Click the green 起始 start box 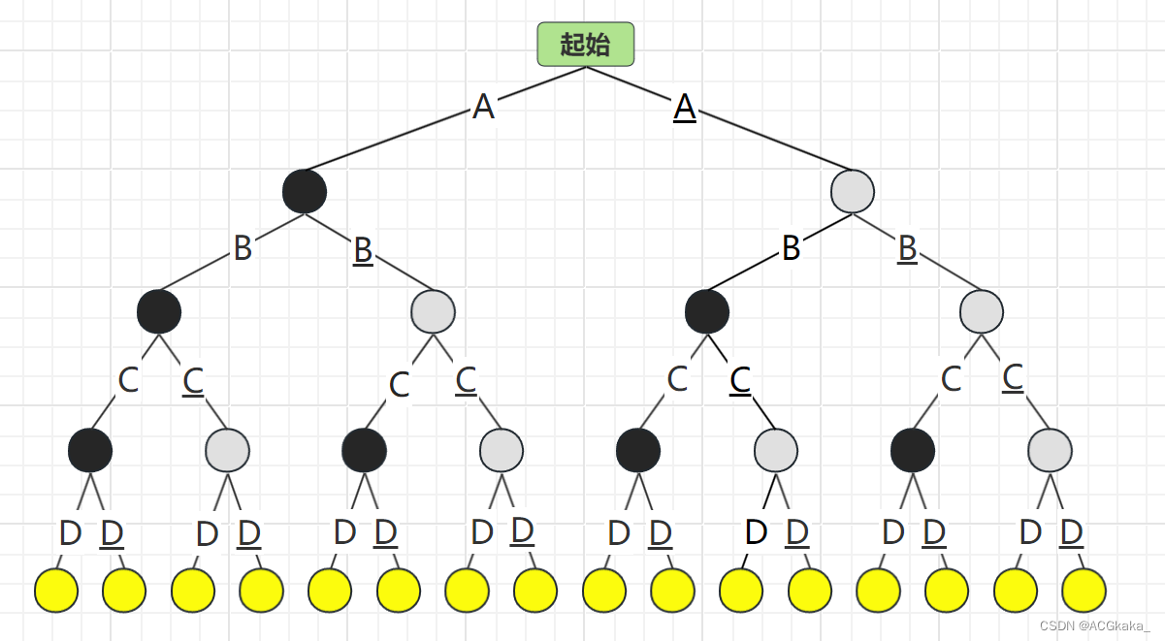coord(586,45)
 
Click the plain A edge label coord(483,107)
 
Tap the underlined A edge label coord(685,107)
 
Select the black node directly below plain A coord(305,191)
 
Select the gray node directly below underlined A coord(853,191)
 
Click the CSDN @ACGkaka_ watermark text coord(1094,625)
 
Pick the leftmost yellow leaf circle coord(56,591)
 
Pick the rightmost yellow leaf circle coord(1084,591)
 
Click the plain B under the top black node coord(243,248)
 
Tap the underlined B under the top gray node coord(907,248)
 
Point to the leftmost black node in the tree coord(90,450)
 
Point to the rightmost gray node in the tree coord(1051,450)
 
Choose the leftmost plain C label coord(128,379)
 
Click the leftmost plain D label coord(70,532)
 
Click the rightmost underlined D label coord(1071,531)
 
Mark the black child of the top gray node coord(707,311)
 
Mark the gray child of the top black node coord(434,311)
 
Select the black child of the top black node coord(159,311)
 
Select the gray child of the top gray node coord(982,311)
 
